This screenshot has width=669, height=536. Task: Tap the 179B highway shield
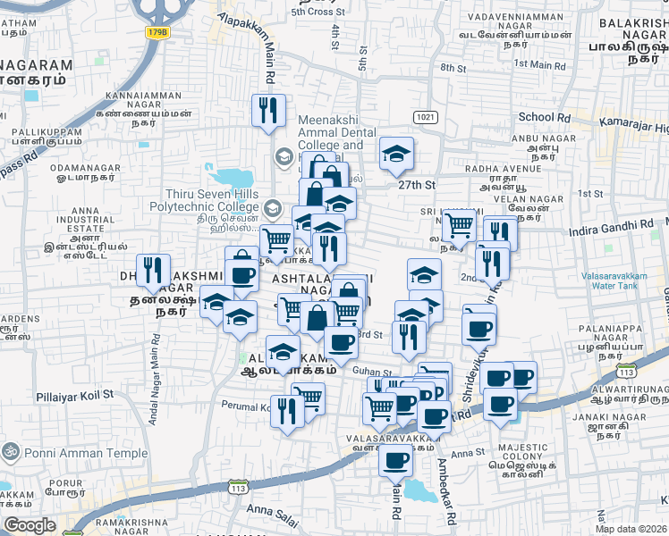158,32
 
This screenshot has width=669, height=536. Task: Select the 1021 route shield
424,117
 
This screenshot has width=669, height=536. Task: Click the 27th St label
416,185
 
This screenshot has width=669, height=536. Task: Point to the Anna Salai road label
270,510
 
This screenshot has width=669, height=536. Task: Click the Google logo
30,525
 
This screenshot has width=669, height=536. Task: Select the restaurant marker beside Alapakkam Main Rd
268,111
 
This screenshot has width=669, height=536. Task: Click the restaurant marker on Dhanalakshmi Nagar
155,272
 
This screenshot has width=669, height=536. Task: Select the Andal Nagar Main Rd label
157,366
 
